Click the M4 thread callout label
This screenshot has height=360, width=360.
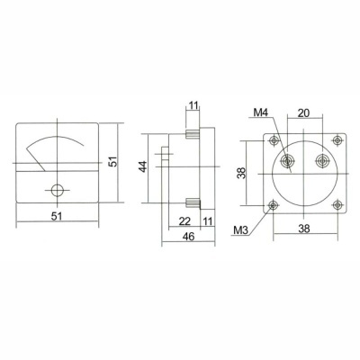(262, 112)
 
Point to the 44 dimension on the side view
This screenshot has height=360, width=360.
(141, 168)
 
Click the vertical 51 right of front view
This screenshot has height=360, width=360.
(114, 164)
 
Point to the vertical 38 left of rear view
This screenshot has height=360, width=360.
(240, 173)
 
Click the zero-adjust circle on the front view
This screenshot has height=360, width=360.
(58, 190)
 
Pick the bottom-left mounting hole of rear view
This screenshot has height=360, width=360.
(272, 205)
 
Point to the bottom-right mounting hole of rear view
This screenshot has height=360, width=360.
(337, 205)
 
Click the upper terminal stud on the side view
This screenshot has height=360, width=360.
(193, 132)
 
